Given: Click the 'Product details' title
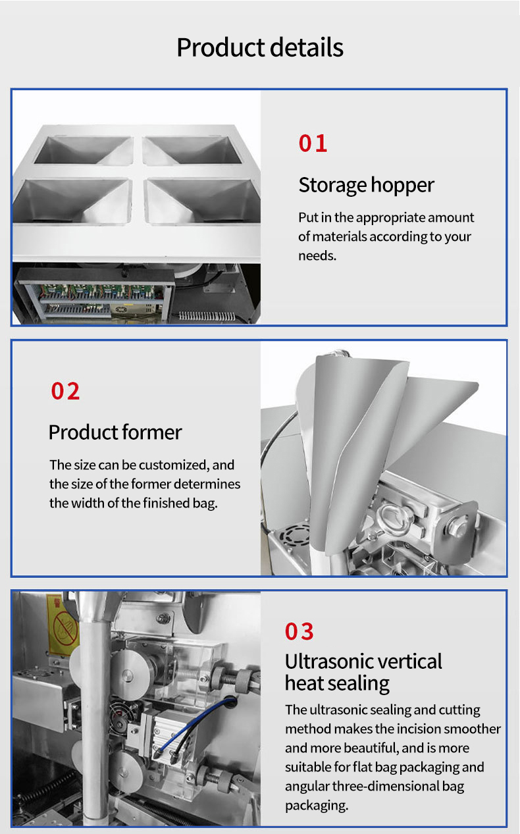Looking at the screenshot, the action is click(260, 47).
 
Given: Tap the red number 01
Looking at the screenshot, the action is click(313, 143).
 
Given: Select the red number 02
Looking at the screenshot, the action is click(66, 391).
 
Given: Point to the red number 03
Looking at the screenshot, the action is click(299, 631).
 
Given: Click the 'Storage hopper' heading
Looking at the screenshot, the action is click(366, 186).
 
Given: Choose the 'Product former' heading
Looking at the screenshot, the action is click(115, 432).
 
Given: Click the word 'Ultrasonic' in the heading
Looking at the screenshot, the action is click(327, 662).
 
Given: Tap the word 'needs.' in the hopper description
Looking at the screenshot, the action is click(317, 256).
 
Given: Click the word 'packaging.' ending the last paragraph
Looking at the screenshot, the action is click(317, 805).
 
